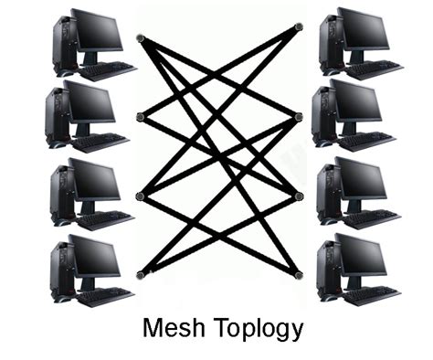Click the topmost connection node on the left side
click(x=140, y=38)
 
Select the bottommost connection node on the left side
click(x=140, y=274)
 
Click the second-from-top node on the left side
click(x=140, y=116)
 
